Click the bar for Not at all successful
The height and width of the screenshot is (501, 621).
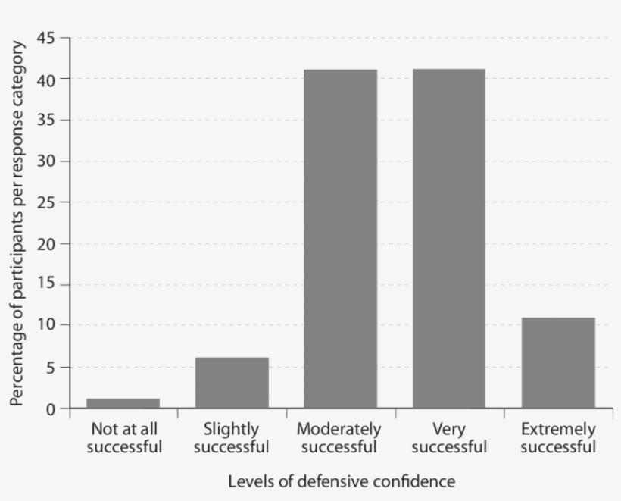pos(123,403)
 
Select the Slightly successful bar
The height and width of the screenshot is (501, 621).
pos(232,383)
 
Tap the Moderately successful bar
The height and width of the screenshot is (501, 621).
pos(340,239)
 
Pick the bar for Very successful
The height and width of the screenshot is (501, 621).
pos(448,239)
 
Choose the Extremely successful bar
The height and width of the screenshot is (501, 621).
pos(557,363)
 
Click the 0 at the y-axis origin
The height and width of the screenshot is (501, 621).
pos(52,410)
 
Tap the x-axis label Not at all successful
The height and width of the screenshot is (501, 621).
pos(123,438)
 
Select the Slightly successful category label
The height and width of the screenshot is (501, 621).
pos(231,438)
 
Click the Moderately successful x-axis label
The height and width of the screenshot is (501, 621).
pos(339,438)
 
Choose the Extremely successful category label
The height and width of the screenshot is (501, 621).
pos(558,438)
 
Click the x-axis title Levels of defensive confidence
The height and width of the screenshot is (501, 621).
pos(342,481)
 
